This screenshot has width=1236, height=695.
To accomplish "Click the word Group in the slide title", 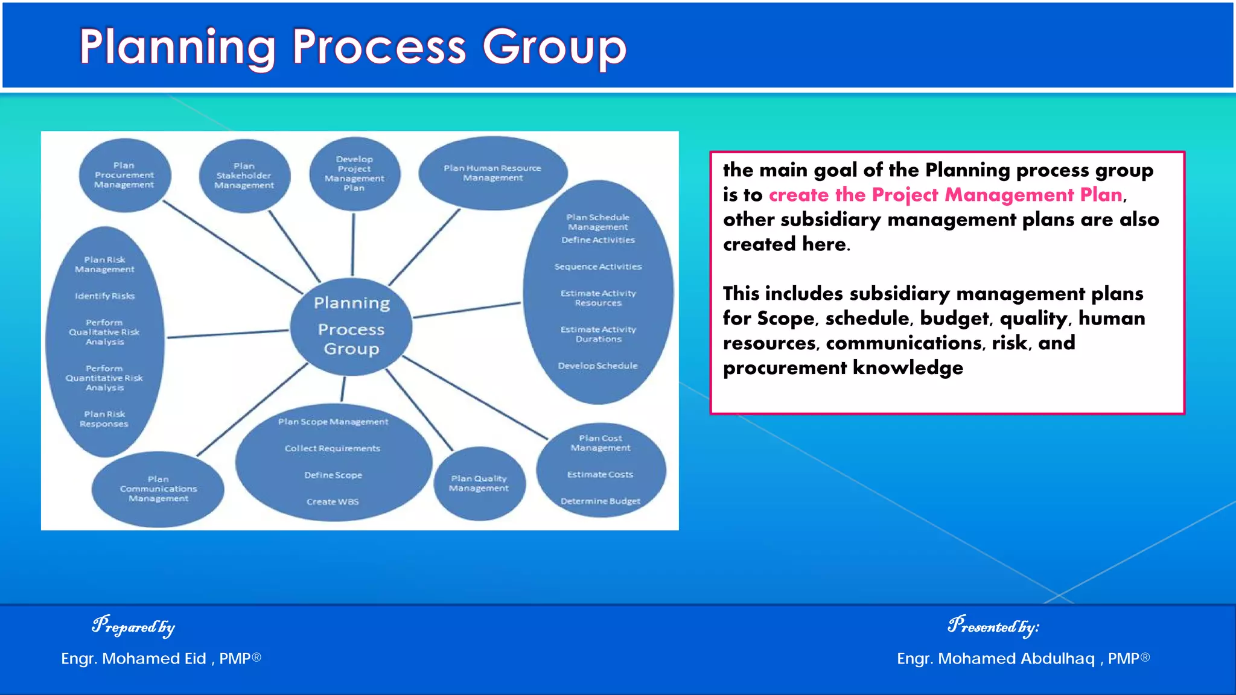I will (554, 47).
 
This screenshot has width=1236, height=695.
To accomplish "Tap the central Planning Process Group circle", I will (351, 326).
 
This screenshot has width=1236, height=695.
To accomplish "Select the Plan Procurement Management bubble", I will (124, 175).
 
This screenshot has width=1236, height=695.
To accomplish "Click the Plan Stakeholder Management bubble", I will (244, 176).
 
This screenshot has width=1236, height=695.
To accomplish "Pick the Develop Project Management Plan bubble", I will (354, 174).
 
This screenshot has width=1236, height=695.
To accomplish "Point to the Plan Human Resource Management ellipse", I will (492, 173).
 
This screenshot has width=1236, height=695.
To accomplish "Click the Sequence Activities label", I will (597, 267).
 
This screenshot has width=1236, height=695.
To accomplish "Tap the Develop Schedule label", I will (597, 366).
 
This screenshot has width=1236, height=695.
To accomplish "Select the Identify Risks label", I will (104, 296).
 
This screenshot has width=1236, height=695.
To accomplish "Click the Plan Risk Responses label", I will (104, 419).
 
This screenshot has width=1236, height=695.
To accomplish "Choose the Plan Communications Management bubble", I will (158, 489).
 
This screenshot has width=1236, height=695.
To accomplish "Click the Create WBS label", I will (333, 502).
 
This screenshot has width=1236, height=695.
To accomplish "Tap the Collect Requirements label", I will (333, 449).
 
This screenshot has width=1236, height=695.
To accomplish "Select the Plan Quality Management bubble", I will (479, 483).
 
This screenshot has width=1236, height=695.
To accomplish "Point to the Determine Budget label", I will (600, 501).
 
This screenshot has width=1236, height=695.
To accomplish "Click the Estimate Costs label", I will (600, 475).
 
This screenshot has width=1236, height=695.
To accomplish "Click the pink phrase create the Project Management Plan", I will (945, 195).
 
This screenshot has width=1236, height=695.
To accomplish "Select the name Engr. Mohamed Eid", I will (133, 659).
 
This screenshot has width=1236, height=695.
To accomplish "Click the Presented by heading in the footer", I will (993, 626).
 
